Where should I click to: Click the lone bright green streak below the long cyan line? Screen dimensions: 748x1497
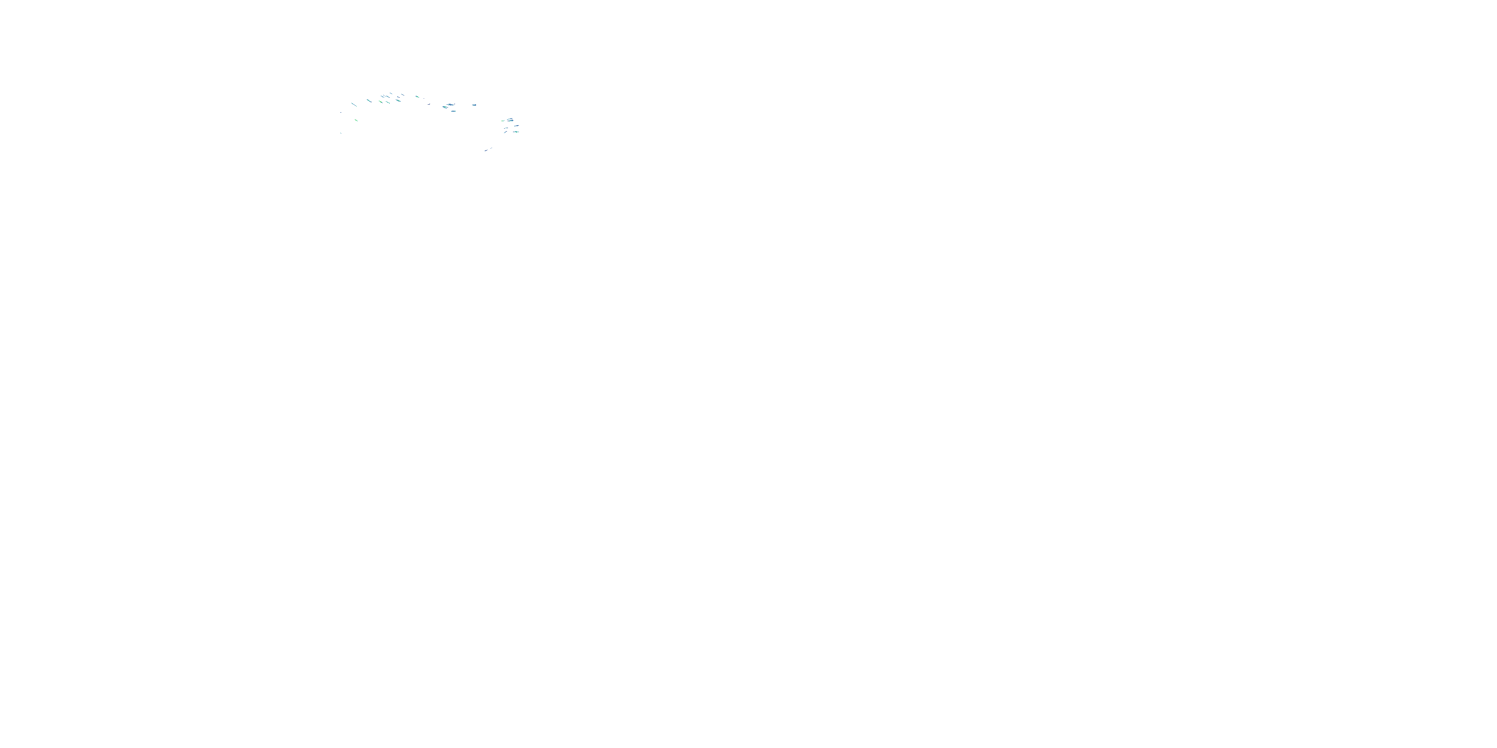[x=357, y=120]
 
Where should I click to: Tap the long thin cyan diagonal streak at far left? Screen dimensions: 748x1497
[x=354, y=105]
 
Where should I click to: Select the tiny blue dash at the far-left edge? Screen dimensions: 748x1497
[x=341, y=113]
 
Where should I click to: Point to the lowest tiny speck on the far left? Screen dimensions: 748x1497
[x=341, y=133]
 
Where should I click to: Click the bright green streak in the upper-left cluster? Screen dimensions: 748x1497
[x=381, y=102]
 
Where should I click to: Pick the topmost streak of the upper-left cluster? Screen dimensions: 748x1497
[x=391, y=94]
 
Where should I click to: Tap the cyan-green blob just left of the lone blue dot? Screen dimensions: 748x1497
[x=417, y=96]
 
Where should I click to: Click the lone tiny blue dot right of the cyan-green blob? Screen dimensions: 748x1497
[x=424, y=99]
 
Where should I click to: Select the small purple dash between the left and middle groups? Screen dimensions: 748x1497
[x=429, y=105]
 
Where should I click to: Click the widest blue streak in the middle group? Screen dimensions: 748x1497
[x=451, y=105]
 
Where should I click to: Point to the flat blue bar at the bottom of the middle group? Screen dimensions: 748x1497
[x=453, y=112]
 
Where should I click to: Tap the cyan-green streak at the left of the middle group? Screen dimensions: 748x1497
[x=445, y=107]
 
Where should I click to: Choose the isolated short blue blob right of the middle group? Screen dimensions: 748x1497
[x=474, y=105]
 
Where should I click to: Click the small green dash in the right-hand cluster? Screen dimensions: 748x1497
[x=502, y=121]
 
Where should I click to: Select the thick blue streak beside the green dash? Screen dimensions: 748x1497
[x=511, y=121]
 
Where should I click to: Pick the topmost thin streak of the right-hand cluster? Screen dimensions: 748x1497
[x=509, y=119]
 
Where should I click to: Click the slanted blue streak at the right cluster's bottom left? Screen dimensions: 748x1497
[x=505, y=133]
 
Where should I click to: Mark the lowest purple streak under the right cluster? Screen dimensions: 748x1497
[x=486, y=151]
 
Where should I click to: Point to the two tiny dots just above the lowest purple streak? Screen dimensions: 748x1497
[x=491, y=148]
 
